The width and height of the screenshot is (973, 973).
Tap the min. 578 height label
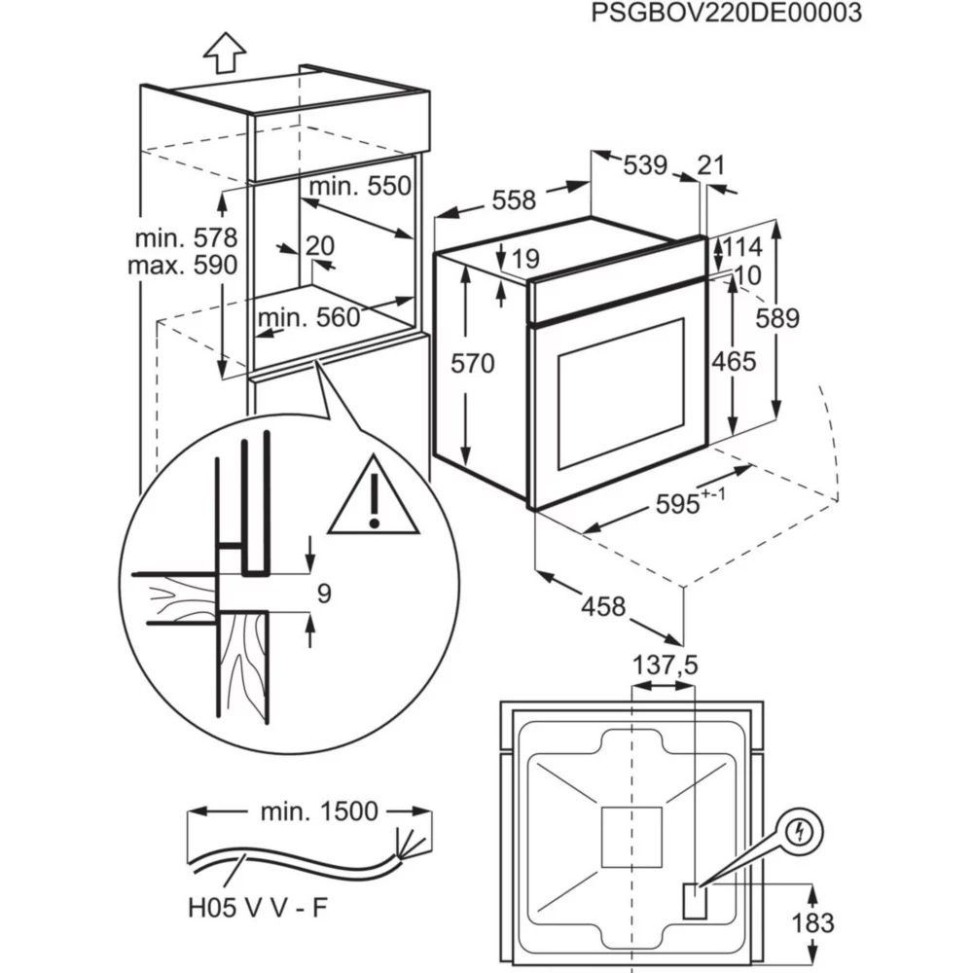186,238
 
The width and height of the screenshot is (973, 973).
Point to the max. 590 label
183,265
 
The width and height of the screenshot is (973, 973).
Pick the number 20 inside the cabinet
319,246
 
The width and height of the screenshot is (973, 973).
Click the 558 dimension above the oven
513,200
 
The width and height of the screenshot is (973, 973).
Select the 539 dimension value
644,165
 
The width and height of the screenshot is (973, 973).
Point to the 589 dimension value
778,318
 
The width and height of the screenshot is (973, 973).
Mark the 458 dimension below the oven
603,606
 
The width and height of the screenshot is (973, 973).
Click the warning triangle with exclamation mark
374,499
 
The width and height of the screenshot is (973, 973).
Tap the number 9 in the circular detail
325,593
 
